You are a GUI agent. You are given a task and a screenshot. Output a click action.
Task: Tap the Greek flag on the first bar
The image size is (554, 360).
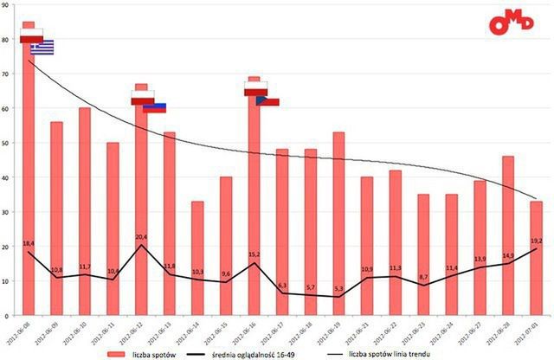42,48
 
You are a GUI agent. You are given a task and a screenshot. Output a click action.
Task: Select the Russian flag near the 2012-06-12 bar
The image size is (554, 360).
154,108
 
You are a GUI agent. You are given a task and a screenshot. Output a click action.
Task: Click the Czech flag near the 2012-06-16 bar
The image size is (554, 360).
267,101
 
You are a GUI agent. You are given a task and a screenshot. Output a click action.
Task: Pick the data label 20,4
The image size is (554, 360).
142,236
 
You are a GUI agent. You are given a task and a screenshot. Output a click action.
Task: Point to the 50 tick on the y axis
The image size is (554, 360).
6,143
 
